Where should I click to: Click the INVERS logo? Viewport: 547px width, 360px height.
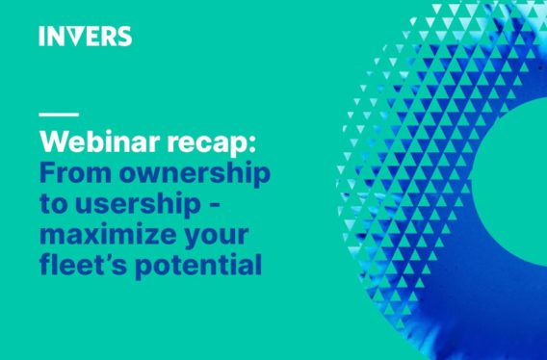(x=86, y=37)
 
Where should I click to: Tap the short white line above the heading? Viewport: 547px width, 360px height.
(x=59, y=116)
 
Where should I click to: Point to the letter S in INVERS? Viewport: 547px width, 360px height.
(x=123, y=37)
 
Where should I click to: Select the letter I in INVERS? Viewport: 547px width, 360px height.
(x=42, y=37)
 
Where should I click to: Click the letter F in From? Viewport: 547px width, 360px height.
(x=47, y=174)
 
